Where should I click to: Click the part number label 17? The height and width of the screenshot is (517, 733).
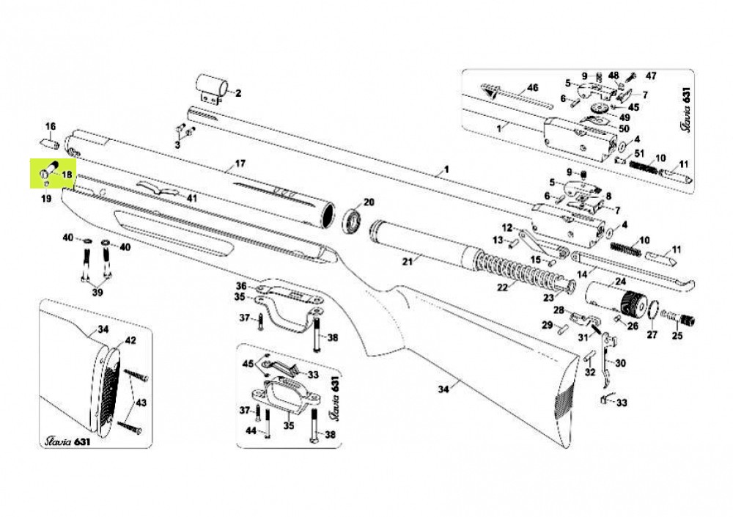point(240,164)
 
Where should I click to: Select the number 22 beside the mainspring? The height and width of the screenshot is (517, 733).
point(502,287)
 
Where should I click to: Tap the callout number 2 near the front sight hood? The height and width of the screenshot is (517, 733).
point(238,94)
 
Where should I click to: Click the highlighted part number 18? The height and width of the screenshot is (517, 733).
point(67,175)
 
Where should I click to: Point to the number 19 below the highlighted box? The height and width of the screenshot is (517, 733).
point(46,199)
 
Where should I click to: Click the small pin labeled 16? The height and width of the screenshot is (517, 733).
point(49,143)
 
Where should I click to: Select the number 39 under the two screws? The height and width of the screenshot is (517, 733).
point(97,293)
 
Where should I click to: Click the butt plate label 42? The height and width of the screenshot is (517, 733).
point(130,340)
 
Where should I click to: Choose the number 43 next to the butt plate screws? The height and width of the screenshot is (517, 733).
point(141,403)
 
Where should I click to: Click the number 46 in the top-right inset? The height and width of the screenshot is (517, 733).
point(532,87)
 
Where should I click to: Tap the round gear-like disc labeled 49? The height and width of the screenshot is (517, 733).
point(599,109)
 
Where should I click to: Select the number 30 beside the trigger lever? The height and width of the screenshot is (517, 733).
point(621,363)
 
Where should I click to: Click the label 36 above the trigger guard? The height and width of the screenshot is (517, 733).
point(240,285)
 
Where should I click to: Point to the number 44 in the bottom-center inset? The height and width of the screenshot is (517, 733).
point(251,431)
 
